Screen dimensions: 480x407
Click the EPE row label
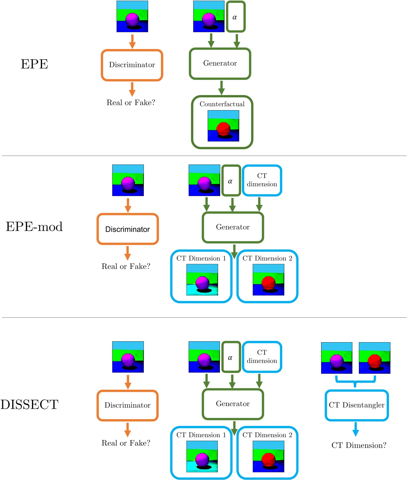pos(34,64)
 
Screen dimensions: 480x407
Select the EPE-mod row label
pos(34,227)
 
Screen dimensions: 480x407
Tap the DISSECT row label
pos(29,405)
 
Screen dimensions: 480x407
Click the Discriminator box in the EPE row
pos(132,65)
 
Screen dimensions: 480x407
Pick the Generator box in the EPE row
pos(220,64)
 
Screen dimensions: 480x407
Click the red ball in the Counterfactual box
pos(223,129)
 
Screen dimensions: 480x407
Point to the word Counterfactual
pos(222,104)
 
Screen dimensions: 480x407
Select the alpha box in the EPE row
pos(236,17)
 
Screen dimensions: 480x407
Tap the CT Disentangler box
pos(356,405)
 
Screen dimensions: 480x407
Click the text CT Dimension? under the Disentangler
pos(359,445)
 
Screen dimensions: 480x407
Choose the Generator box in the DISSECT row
pos(233,404)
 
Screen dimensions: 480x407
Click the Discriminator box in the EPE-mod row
pos(128,229)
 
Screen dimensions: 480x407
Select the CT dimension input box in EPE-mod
pos(262,180)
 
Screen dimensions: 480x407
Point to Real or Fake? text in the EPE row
pos(131,103)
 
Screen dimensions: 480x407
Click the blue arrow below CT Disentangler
pos(355,429)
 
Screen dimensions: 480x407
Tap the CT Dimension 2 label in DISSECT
pos(267,435)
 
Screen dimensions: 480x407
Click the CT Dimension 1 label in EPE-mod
pos(201,258)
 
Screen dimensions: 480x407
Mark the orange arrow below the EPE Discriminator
pos(132,89)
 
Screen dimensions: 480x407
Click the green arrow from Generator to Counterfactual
pos(221,87)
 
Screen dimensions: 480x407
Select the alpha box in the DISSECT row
pos(231,357)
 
